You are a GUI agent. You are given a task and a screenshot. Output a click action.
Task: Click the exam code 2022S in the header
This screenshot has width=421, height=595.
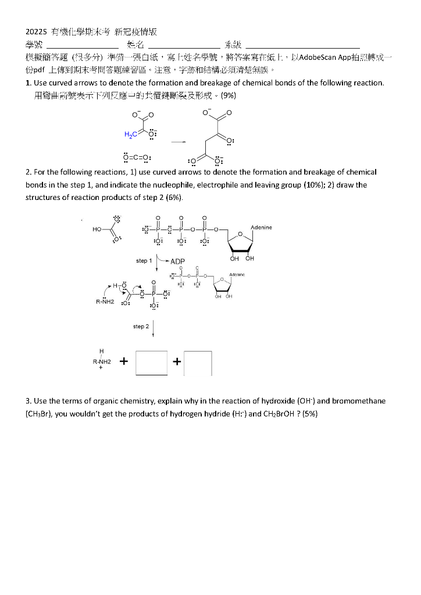(x=36, y=33)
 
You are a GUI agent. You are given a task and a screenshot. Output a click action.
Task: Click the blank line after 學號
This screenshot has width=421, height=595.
(x=82, y=46)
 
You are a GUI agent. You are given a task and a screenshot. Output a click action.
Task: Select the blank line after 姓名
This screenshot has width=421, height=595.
(x=184, y=46)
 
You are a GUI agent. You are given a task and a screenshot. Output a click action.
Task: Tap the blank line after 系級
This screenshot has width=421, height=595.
(x=302, y=46)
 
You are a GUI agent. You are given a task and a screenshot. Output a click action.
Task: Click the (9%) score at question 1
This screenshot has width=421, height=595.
(x=228, y=95)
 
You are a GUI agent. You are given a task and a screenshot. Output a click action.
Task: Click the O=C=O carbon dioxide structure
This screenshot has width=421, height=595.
(x=137, y=157)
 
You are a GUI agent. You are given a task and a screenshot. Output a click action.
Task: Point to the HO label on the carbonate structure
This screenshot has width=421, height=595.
(x=97, y=229)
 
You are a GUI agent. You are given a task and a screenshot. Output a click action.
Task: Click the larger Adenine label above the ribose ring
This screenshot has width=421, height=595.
(x=261, y=227)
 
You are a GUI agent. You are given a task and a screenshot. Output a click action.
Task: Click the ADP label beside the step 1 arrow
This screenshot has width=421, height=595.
(x=177, y=261)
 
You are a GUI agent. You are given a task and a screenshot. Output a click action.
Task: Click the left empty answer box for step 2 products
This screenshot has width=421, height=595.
(x=151, y=363)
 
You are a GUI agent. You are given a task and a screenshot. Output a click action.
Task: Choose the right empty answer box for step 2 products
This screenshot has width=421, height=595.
(x=198, y=363)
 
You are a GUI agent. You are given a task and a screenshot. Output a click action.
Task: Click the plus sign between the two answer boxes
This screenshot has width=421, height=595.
(x=176, y=363)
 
